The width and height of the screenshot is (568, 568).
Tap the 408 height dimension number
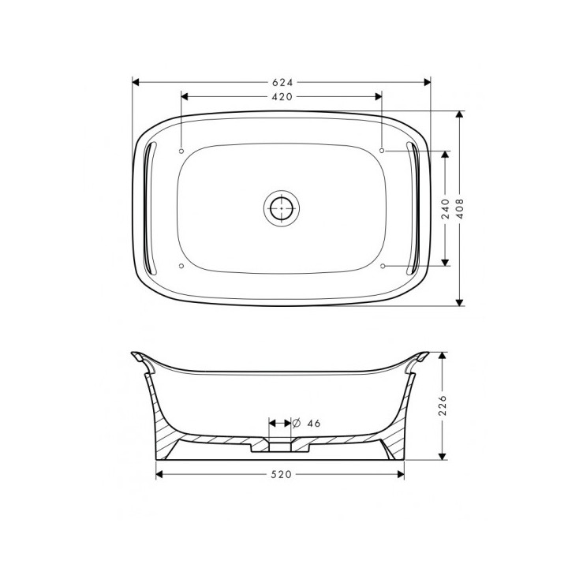[x=460, y=207]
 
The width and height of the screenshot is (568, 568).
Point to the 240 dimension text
[x=446, y=207]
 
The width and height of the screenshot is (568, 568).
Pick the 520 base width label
[x=282, y=474]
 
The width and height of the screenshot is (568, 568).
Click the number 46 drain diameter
[x=313, y=423]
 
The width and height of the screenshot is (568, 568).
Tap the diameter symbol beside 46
[x=297, y=423]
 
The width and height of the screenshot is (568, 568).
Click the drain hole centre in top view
[x=281, y=208]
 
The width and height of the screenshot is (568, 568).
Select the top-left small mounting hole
[x=181, y=150]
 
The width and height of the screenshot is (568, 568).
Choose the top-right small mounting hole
[x=383, y=150]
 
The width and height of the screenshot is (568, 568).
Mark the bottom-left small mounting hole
[x=181, y=267]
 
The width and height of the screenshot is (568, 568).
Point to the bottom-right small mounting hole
[x=383, y=267]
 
